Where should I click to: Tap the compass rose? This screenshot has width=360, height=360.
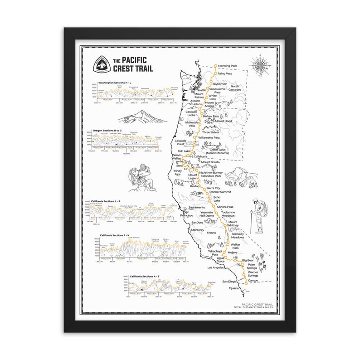coord(262,64)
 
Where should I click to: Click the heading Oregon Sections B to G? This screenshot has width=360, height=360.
coord(110,130)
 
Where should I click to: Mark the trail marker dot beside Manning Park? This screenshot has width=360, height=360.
coord(215,66)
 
